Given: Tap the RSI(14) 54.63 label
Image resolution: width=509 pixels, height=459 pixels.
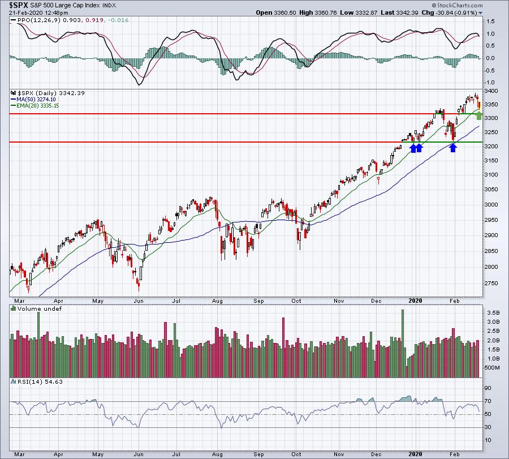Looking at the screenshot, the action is click(x=36, y=381).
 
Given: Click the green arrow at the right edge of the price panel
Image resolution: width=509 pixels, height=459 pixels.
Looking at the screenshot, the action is click(x=479, y=115).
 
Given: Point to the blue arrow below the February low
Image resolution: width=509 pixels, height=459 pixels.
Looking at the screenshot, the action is click(x=453, y=148).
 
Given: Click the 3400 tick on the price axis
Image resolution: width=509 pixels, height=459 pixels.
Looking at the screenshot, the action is click(x=491, y=91).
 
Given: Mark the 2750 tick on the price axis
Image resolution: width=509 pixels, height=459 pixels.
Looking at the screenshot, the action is click(x=491, y=283).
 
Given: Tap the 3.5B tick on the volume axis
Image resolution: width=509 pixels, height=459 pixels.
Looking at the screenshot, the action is click(x=493, y=313).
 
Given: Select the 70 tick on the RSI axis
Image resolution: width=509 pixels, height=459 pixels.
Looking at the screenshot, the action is click(x=488, y=401).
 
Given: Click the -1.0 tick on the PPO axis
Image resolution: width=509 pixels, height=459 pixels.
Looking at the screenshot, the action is click(x=490, y=83).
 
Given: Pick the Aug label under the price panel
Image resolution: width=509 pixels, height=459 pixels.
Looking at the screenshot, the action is click(x=217, y=301).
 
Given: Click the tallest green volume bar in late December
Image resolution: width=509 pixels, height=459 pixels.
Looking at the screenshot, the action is click(x=403, y=344).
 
